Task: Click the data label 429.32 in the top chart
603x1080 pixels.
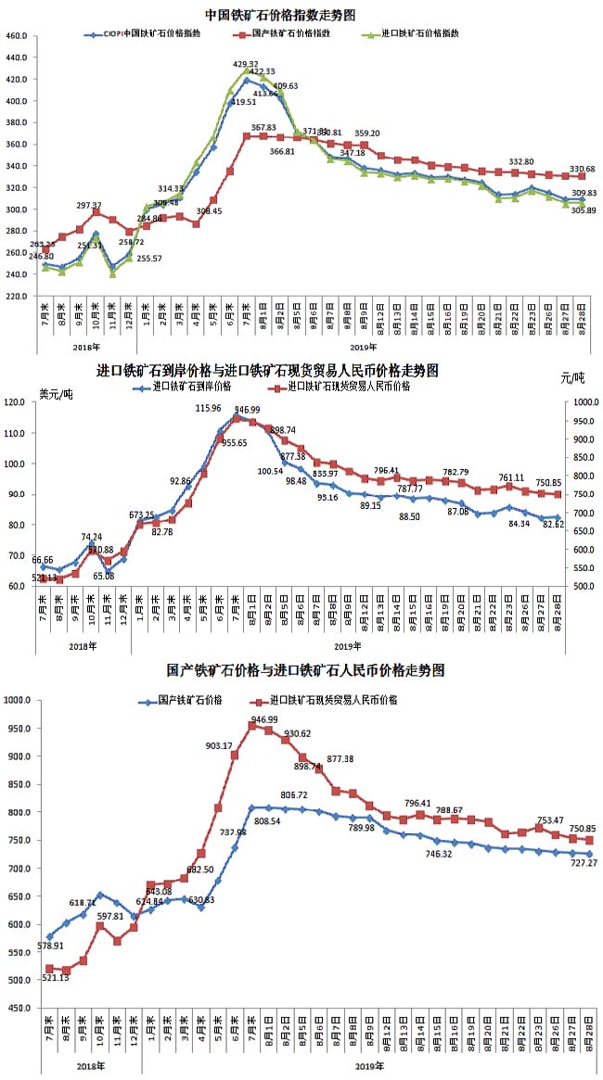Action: coord(246,64)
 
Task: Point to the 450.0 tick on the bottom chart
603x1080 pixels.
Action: coord(19,1008)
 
